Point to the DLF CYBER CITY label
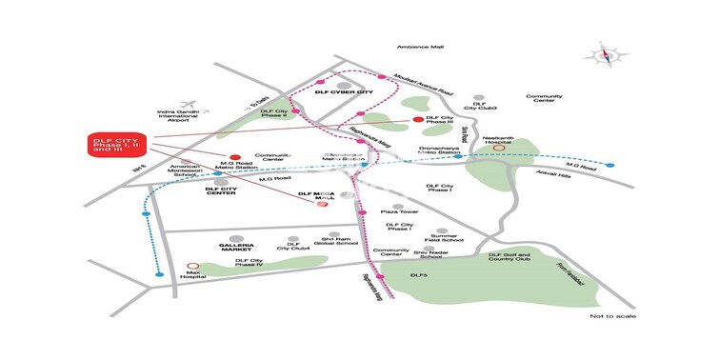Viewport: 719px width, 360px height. (x=342, y=92)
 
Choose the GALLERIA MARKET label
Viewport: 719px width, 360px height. (x=229, y=245)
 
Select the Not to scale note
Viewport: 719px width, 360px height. (x=612, y=316)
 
